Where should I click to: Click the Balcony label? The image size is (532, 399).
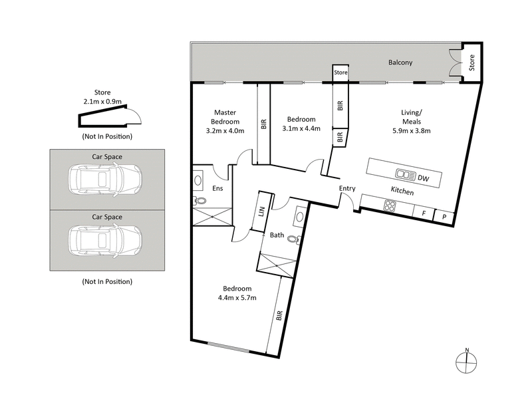(x=400, y=63)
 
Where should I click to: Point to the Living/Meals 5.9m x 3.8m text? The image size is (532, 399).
(x=416, y=121)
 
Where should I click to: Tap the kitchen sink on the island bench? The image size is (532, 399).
(x=404, y=176)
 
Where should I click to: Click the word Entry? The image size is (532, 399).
(x=347, y=189)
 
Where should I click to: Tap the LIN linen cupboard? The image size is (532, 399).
(x=262, y=212)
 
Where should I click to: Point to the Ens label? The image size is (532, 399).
(x=217, y=189)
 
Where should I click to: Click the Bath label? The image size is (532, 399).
(x=277, y=235)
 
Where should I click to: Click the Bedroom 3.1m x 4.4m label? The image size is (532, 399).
(x=301, y=124)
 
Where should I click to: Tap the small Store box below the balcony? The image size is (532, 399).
(x=340, y=72)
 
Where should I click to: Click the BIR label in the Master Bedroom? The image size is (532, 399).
(x=263, y=124)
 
